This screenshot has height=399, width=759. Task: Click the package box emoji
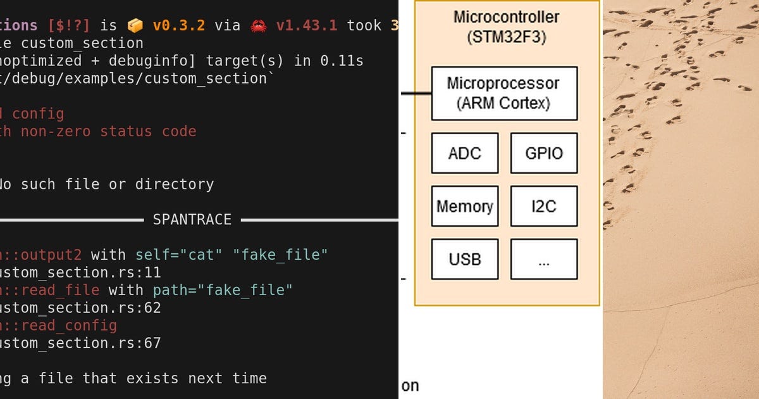pos(135,25)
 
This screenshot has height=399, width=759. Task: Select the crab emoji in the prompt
pos(259,25)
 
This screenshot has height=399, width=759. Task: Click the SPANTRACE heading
pos(192,220)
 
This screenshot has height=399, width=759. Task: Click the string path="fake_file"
pos(223,290)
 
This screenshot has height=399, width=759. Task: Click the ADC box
pos(465,153)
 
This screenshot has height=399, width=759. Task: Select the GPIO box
pos(544,153)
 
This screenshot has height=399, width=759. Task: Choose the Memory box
pos(465,206)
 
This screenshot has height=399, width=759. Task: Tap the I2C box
pos(544,206)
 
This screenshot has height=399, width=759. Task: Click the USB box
pos(465,259)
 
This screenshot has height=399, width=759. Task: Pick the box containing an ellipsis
pos(544,259)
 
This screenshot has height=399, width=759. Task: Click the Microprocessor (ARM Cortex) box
pos(504,93)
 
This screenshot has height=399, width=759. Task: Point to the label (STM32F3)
pos(507,37)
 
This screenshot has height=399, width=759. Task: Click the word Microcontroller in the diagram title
pos(507,16)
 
